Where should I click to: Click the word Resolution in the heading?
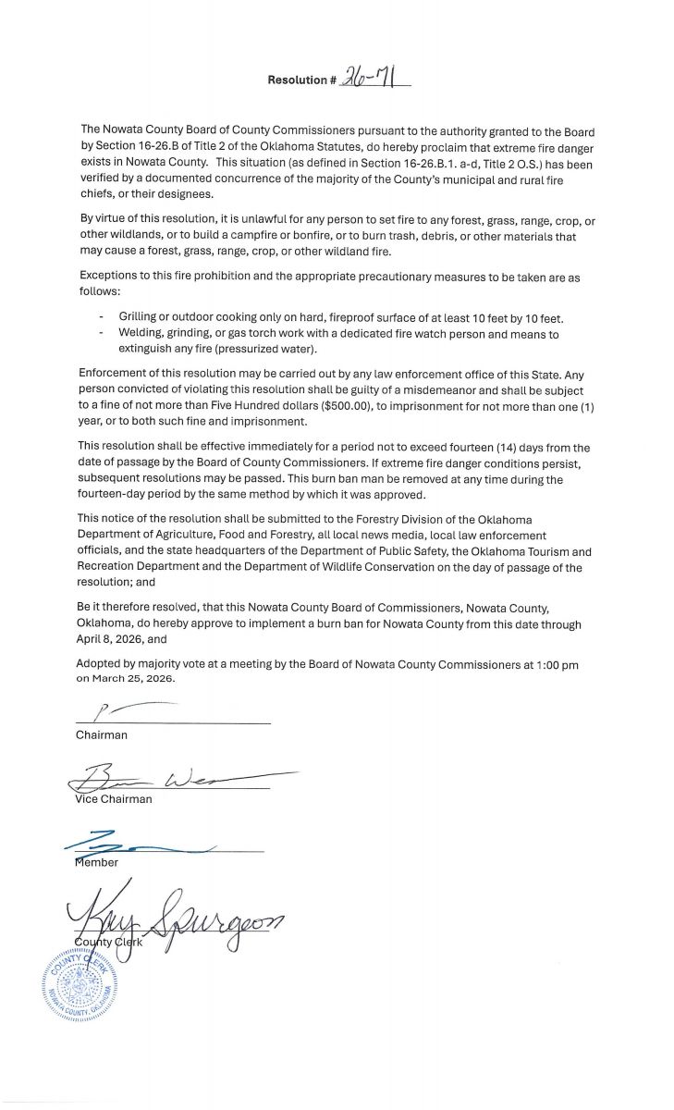297,80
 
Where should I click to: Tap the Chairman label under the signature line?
102,735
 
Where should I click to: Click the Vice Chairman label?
113,799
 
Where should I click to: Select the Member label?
96,863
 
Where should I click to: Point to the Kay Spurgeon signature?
176,919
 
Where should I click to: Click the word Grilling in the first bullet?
139,318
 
